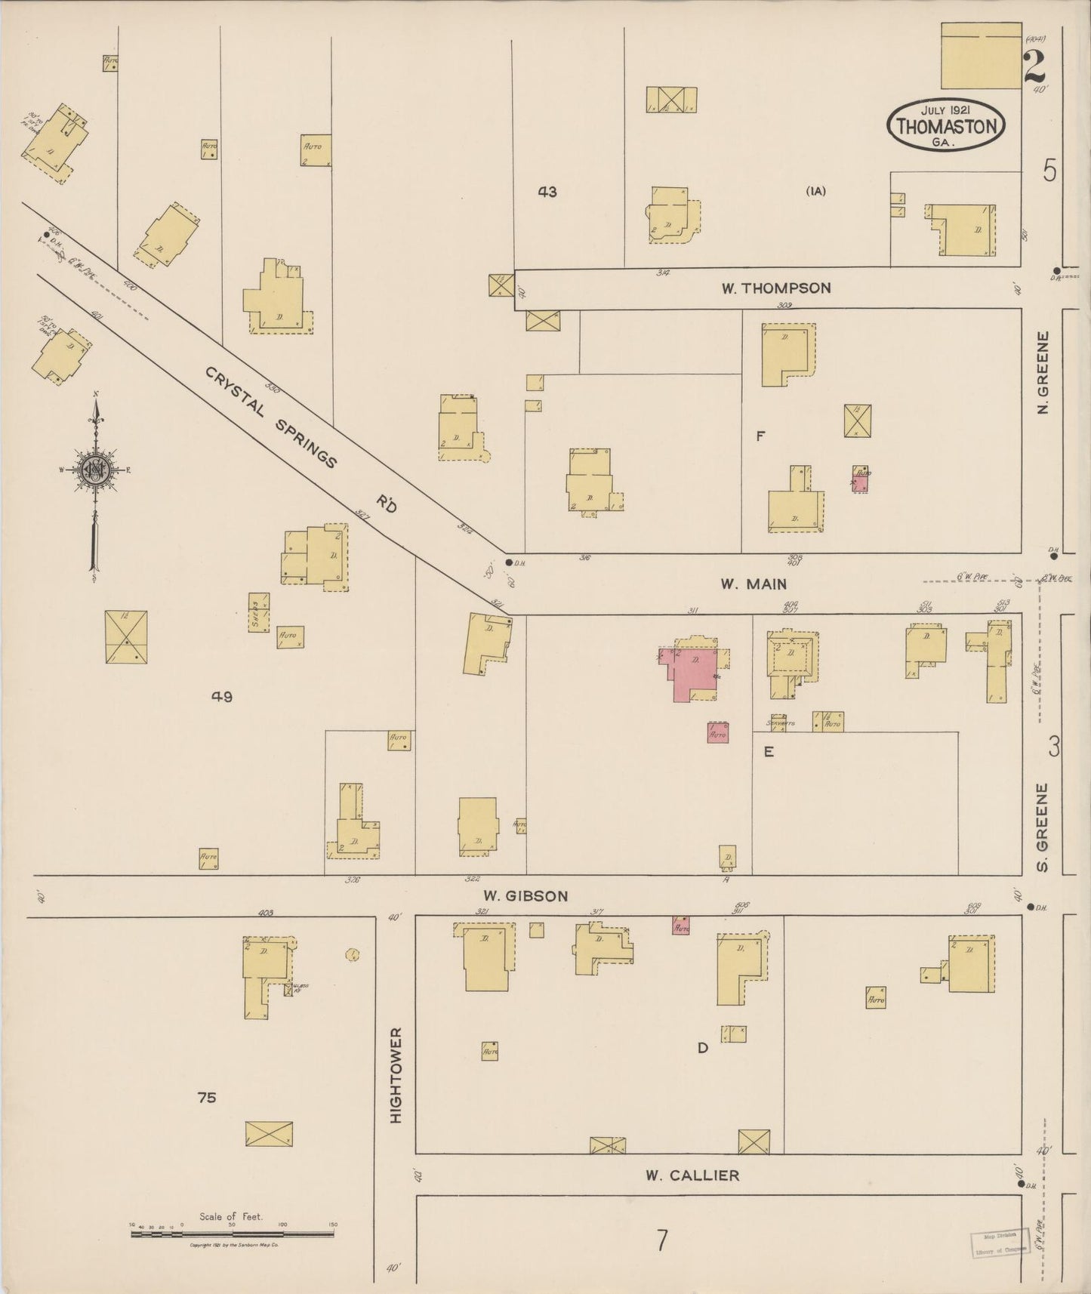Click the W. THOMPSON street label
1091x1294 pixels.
point(775,288)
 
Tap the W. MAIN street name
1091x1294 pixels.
point(753,584)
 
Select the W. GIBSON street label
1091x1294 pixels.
point(525,896)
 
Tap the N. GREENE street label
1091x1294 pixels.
point(1043,373)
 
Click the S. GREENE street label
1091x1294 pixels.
point(1043,827)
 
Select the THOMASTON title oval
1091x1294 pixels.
point(946,125)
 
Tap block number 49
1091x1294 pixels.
point(221,697)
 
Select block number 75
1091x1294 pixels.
point(207,1098)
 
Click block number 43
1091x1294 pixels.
point(547,192)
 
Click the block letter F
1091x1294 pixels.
point(760,436)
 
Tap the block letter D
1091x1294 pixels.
point(702,1048)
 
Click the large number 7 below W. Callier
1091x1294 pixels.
point(662,1240)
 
